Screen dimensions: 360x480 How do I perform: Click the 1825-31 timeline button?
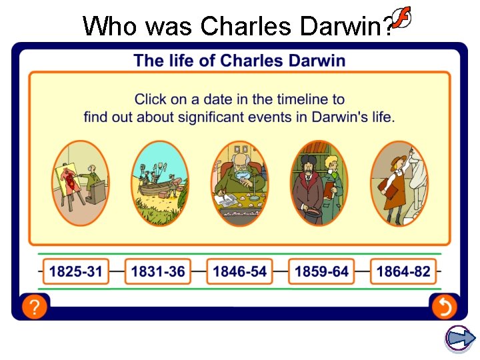(x=76, y=271)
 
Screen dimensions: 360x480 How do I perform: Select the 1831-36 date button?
(x=158, y=271)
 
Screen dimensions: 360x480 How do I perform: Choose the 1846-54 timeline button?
(x=239, y=271)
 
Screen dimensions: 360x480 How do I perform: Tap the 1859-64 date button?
(x=321, y=271)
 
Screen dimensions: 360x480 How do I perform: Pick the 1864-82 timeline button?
(x=403, y=271)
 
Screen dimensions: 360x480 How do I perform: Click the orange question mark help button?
(x=34, y=307)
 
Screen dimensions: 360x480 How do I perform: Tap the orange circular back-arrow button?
(x=443, y=307)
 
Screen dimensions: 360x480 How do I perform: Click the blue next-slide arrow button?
(x=460, y=339)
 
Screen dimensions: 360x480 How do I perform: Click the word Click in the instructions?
(x=151, y=99)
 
